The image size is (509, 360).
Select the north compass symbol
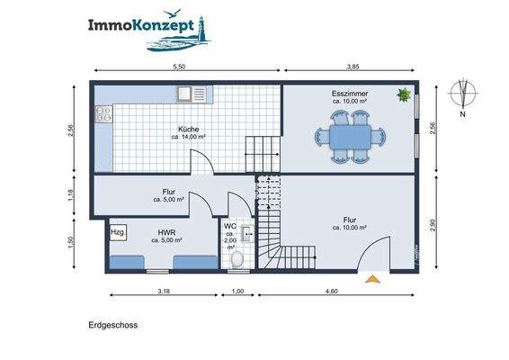click(463, 94)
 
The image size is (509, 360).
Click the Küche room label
click(189, 130)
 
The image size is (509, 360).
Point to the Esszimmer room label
click(348, 93)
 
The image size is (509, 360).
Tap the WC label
click(230, 226)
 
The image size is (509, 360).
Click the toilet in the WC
click(238, 260)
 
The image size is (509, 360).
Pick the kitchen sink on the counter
click(192, 93)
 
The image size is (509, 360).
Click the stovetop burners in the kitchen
click(103, 115)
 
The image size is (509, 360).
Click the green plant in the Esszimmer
click(404, 94)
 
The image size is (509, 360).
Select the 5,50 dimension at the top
click(179, 67)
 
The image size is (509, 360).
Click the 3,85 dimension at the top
click(353, 67)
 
